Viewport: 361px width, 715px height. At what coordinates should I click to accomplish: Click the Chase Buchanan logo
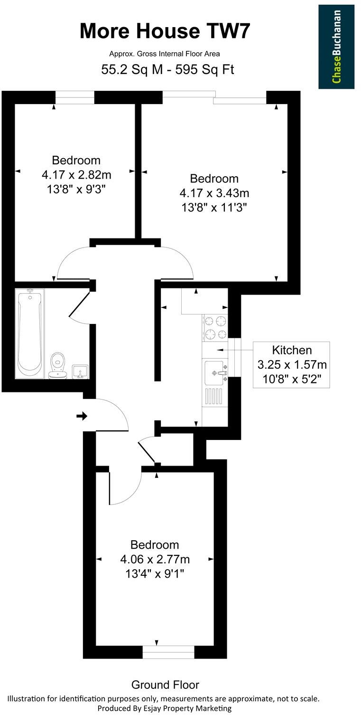pos(336,47)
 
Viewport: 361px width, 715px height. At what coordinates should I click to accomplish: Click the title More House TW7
pos(164,31)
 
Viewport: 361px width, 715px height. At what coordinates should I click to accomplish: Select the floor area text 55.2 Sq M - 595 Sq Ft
pos(168,69)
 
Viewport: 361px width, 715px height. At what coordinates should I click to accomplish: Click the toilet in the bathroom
pos(58,366)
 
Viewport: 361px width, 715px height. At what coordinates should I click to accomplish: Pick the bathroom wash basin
pos(79,371)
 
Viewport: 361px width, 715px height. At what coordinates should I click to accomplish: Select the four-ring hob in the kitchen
pos(215,327)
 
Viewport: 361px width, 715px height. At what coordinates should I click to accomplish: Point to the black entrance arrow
pos(82,416)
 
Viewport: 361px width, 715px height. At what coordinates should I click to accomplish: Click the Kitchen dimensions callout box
pos(291,364)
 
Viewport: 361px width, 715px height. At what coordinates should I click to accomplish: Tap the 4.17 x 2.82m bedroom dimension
pos(76,175)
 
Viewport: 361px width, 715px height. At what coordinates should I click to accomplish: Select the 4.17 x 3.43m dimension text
pos(214,193)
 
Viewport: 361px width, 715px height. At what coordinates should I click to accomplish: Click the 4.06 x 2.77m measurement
pos(155,559)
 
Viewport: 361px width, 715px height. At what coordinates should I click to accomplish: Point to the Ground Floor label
pos(165,685)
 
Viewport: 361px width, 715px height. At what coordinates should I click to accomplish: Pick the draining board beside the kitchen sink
pos(213,396)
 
